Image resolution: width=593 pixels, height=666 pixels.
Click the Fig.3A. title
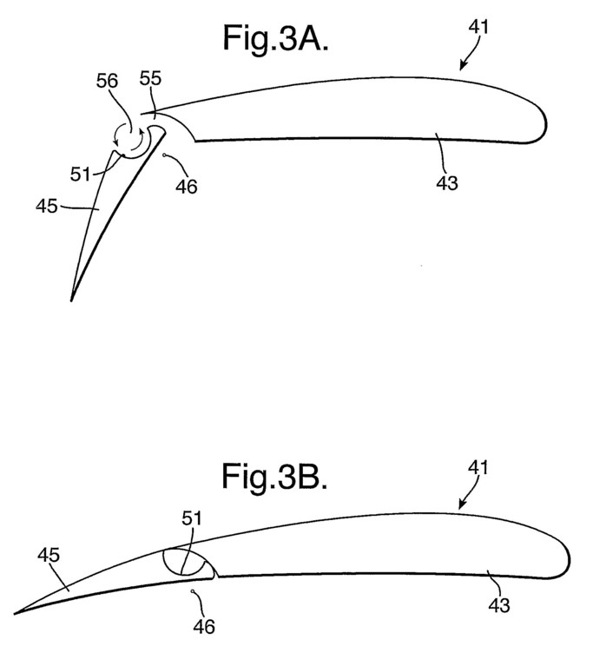(x=275, y=38)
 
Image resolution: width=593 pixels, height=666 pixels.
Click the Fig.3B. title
(x=274, y=477)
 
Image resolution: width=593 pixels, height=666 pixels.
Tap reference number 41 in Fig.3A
(x=478, y=27)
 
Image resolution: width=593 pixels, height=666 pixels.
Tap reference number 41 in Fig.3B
(x=478, y=467)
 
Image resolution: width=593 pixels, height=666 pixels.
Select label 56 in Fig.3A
(x=107, y=81)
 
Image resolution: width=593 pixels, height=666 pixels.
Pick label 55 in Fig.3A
(x=151, y=78)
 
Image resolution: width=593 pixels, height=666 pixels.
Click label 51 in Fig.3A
(x=80, y=175)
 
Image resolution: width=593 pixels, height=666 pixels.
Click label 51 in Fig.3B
(x=191, y=518)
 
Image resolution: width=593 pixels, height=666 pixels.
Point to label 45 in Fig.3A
(x=46, y=207)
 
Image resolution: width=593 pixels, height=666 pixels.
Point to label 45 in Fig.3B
(x=49, y=555)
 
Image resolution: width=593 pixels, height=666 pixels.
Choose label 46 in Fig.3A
(x=187, y=187)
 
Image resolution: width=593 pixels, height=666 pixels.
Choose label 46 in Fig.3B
(x=204, y=627)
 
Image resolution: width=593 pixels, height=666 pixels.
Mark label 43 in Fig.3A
(x=447, y=183)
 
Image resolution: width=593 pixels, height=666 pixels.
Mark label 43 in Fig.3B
(x=498, y=605)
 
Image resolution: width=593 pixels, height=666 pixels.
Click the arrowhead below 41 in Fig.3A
(x=463, y=66)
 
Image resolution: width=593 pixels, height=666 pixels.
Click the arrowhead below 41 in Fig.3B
(x=462, y=504)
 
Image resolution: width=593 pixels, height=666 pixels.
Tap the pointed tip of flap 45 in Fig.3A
(x=71, y=300)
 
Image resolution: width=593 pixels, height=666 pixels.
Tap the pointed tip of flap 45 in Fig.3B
(x=16, y=613)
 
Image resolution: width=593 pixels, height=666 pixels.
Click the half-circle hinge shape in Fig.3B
(x=184, y=563)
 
